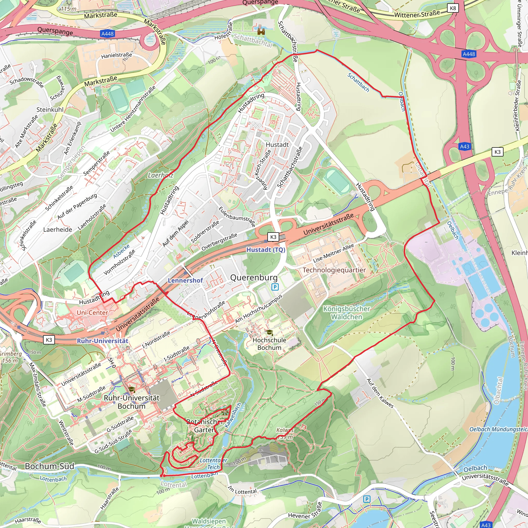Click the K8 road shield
[x=453, y=8]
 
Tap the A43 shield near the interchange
[x=465, y=146]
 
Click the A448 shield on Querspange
[x=108, y=34]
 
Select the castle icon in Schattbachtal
[x=261, y=31]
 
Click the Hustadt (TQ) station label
[x=266, y=250]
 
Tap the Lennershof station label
[x=185, y=280]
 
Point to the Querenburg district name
[x=254, y=277]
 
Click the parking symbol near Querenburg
[x=275, y=287]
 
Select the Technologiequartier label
[x=334, y=270]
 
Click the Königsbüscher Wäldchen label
[x=346, y=313]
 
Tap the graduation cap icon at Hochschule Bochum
[x=269, y=332]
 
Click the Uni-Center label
[x=92, y=313]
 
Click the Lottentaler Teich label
[x=213, y=464]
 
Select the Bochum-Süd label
[x=49, y=466]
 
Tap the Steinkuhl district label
[x=50, y=110]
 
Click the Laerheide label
[x=58, y=229]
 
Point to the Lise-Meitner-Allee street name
[x=333, y=253]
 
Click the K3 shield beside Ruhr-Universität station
[x=49, y=340]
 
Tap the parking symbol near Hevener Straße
[x=367, y=499]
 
